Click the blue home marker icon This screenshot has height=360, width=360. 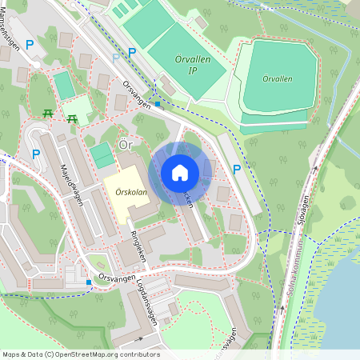[x=180, y=172]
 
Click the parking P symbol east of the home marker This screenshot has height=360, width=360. [x=236, y=169]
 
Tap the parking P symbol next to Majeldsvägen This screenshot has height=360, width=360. [x=35, y=154]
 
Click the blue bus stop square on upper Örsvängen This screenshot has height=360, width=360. [x=158, y=104]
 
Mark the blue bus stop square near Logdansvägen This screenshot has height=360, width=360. [x=88, y=282]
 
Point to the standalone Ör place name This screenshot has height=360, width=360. [x=124, y=145]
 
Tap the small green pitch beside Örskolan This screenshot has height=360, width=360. [x=102, y=155]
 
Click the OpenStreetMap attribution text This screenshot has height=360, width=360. [x=80, y=354]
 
